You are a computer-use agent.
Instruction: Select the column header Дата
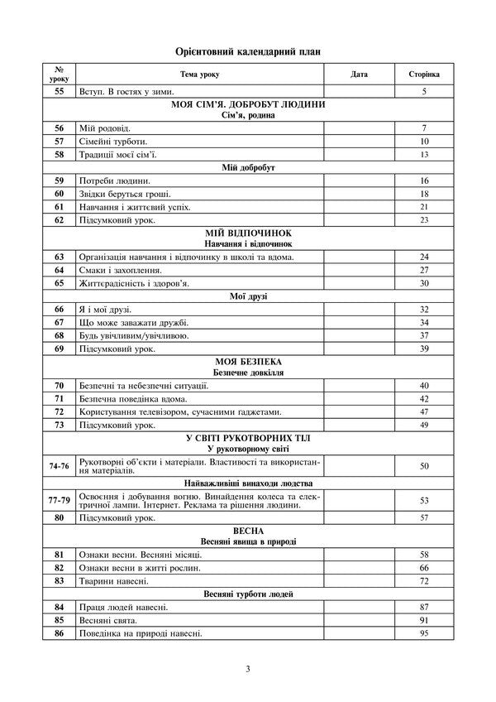point(359,75)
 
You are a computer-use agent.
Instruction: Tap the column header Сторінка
point(424,75)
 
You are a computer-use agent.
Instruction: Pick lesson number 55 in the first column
point(59,91)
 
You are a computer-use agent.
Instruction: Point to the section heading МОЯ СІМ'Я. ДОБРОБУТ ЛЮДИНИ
point(248,105)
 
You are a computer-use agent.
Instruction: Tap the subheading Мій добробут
point(248,167)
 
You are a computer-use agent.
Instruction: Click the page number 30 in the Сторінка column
point(424,283)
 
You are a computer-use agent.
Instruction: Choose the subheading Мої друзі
point(248,296)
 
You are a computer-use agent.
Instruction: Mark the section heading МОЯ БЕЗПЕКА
point(248,363)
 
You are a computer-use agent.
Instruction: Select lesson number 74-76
point(59,466)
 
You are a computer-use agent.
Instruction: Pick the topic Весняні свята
point(108,620)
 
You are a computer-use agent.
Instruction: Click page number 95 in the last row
point(424,633)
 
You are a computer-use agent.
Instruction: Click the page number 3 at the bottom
point(248,670)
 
